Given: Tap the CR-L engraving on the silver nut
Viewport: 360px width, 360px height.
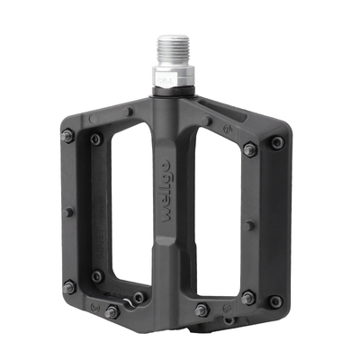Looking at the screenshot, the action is coord(164,81).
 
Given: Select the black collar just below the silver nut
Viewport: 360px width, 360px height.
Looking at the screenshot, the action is coord(174,91).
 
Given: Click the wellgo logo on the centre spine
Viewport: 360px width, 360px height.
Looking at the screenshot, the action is coord(166,192).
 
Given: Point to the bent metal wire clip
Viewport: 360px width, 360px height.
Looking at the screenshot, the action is coord(129,302).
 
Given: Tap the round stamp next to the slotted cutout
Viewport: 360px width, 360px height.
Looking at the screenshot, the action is coord(228,130).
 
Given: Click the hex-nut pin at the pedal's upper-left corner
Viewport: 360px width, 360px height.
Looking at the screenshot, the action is coord(67,136).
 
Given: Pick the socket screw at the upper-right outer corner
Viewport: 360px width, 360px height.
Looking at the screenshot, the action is coord(277,142).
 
